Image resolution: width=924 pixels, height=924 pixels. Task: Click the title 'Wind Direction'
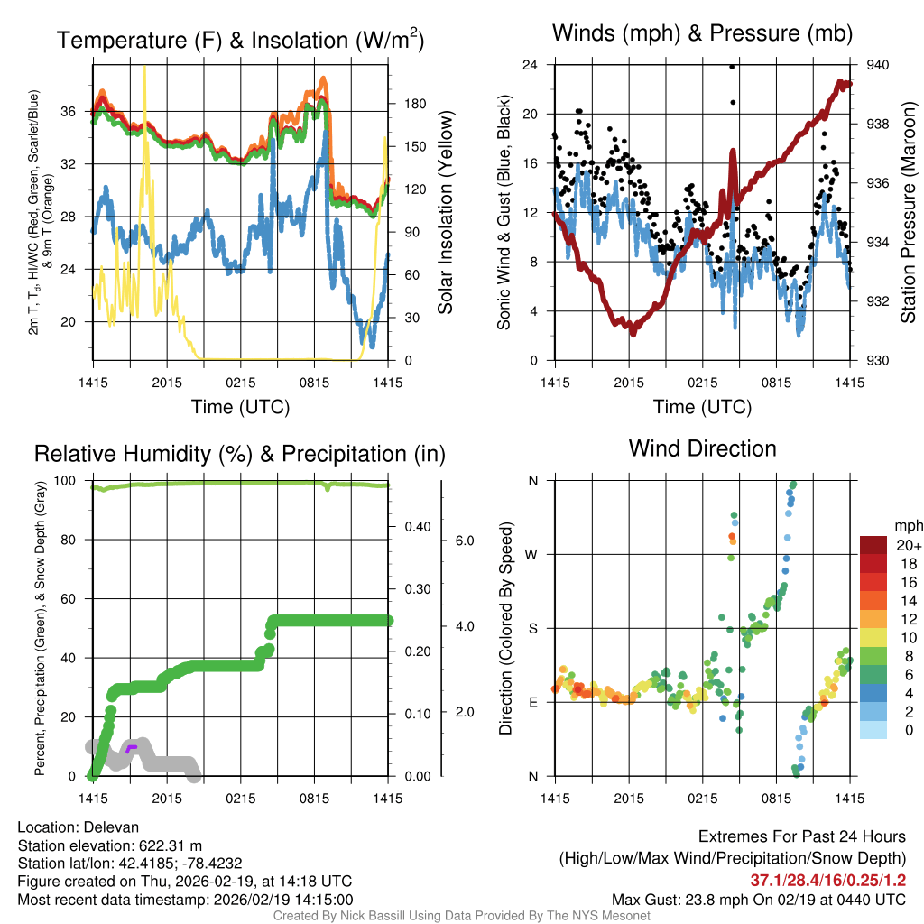click(702, 448)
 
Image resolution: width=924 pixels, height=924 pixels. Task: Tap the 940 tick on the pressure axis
click(878, 65)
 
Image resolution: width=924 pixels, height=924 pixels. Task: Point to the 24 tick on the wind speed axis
click(531, 65)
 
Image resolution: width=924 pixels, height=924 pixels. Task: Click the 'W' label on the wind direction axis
click(532, 554)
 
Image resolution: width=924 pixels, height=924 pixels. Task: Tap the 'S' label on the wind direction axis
click(532, 628)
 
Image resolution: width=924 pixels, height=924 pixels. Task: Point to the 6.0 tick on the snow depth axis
click(465, 541)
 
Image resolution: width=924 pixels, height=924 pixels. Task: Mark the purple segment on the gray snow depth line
click(132, 748)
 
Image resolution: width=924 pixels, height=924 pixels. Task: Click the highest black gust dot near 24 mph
click(732, 66)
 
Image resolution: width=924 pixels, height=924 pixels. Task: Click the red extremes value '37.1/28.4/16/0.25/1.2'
click(827, 881)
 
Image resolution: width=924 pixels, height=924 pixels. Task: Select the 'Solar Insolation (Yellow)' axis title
click(444, 212)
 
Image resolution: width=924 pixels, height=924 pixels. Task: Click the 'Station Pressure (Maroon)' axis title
click(908, 212)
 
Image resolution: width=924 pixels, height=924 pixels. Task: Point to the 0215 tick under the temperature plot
click(241, 383)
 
